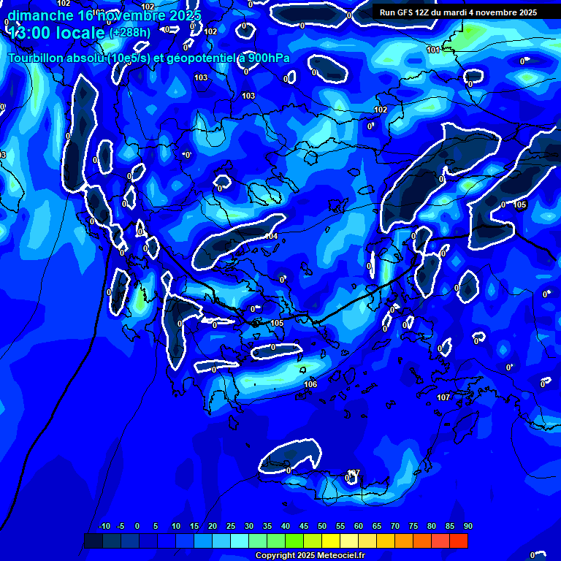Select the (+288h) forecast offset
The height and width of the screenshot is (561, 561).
(130, 33)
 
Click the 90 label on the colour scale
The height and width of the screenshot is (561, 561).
(467, 526)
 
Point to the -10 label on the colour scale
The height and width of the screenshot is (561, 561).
(104, 526)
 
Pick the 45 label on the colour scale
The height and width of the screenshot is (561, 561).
(303, 526)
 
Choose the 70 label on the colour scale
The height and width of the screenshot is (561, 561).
(394, 526)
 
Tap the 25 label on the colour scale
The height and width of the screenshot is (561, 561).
(230, 526)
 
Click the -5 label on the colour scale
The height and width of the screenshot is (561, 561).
(121, 526)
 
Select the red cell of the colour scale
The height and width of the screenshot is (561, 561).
(458, 541)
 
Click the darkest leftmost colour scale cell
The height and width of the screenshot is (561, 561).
(93, 541)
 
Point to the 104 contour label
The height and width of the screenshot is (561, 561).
(271, 236)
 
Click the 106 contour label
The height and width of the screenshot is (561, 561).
(310, 384)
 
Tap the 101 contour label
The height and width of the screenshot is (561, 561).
(433, 50)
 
